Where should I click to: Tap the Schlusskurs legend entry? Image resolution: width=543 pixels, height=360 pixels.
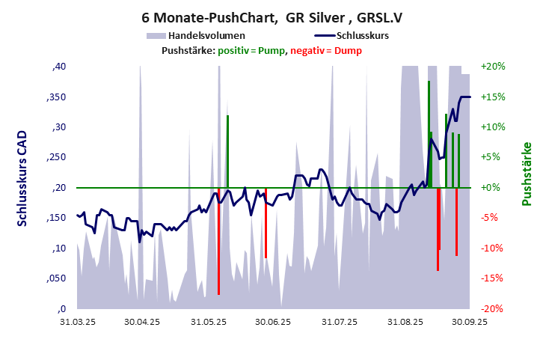[x=362, y=36]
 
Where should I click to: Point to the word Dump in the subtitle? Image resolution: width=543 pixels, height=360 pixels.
[x=348, y=50]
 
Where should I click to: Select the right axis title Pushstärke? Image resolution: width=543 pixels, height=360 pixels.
[x=526, y=174]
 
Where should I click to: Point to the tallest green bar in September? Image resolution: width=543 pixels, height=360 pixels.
[x=429, y=135]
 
